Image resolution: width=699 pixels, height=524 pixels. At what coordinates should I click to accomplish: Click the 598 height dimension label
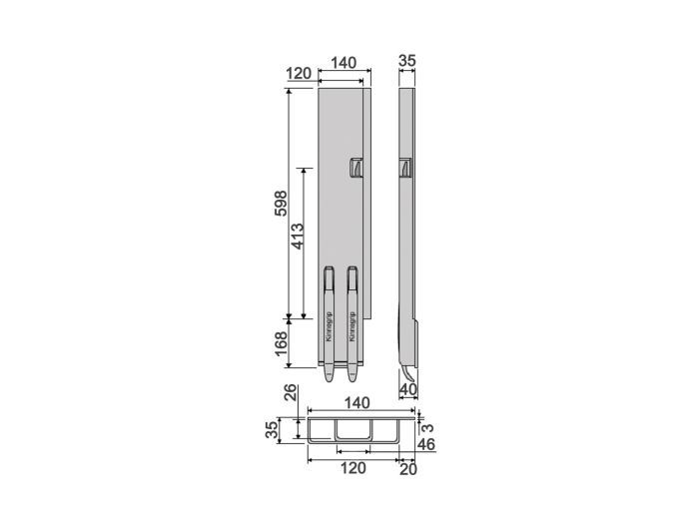281,204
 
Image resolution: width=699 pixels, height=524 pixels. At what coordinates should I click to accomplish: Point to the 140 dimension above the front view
344,62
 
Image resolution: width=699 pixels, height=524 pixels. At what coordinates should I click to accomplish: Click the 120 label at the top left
298,74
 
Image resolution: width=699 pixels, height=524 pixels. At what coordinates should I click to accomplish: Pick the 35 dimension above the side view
406,62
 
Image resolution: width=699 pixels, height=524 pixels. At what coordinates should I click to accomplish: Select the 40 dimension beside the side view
407,388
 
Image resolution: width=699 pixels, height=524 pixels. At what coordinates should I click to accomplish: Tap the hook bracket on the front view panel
355,170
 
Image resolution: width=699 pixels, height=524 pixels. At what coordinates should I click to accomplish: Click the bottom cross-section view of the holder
354,431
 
